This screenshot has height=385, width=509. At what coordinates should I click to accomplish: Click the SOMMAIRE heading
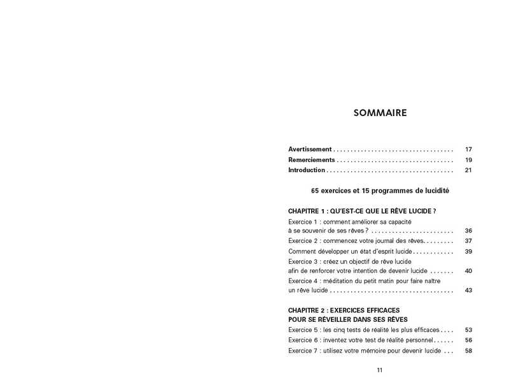379,113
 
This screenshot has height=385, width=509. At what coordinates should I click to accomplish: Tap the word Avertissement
310,149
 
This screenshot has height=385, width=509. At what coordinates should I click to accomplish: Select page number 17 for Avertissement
468,149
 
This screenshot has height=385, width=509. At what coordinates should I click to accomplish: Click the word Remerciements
311,160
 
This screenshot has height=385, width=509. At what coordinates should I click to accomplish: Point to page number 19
468,160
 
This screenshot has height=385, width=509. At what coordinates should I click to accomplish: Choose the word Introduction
307,170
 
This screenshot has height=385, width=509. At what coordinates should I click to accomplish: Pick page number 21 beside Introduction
468,170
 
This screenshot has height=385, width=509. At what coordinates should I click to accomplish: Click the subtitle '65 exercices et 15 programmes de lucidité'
379,191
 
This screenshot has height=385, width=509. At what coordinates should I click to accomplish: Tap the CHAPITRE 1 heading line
361,211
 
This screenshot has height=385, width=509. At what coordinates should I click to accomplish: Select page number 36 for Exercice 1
468,231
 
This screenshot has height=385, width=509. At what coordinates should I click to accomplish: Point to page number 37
468,241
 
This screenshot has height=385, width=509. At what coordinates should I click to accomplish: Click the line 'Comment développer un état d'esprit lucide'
351,252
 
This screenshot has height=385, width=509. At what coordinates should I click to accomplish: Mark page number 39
468,252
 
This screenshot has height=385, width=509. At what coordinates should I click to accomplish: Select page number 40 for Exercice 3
468,271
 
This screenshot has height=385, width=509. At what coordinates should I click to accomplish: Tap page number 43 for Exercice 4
468,291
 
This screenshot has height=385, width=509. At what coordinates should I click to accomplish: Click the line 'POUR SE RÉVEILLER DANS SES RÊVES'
347,319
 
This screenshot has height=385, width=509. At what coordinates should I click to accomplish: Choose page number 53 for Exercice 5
468,330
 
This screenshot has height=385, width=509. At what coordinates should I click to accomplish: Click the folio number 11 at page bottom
379,370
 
